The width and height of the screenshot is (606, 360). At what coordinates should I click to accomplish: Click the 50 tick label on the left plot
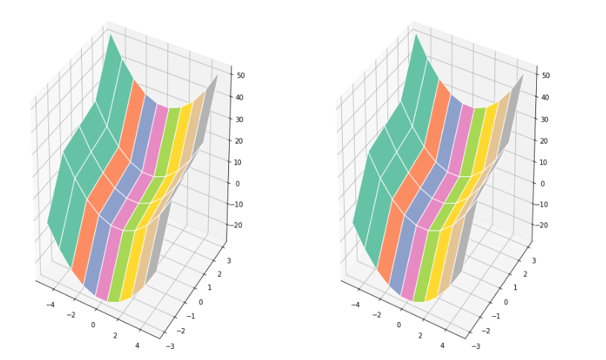click(x=242, y=75)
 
